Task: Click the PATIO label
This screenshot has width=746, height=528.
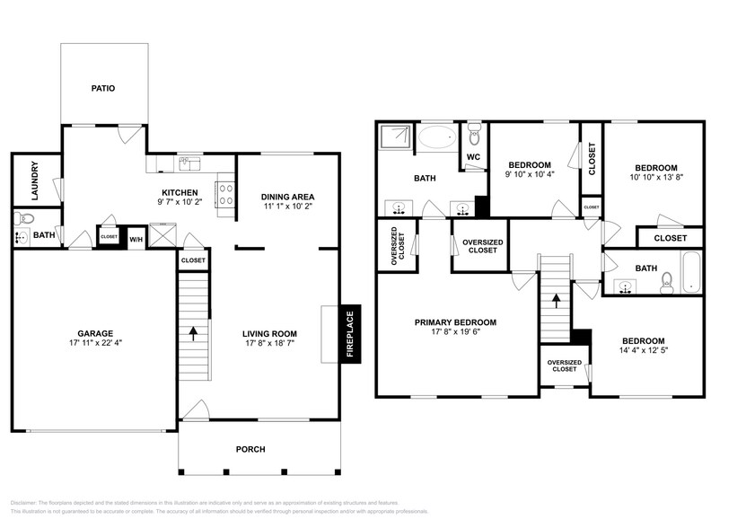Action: coord(103,88)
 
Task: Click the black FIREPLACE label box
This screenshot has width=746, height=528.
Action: coord(350,334)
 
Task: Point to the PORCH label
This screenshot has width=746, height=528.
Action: coord(250,449)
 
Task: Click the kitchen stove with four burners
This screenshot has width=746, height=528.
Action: coord(226,194)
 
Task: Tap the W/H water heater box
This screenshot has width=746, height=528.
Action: coord(137,239)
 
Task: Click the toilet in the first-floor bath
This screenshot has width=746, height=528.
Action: coord(25,218)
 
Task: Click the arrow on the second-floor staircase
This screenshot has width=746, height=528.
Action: coord(555,303)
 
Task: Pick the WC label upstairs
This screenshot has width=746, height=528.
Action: coord(474,158)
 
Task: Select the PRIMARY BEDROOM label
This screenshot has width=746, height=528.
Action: coord(454,322)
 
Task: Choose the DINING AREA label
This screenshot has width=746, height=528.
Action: coord(287,197)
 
